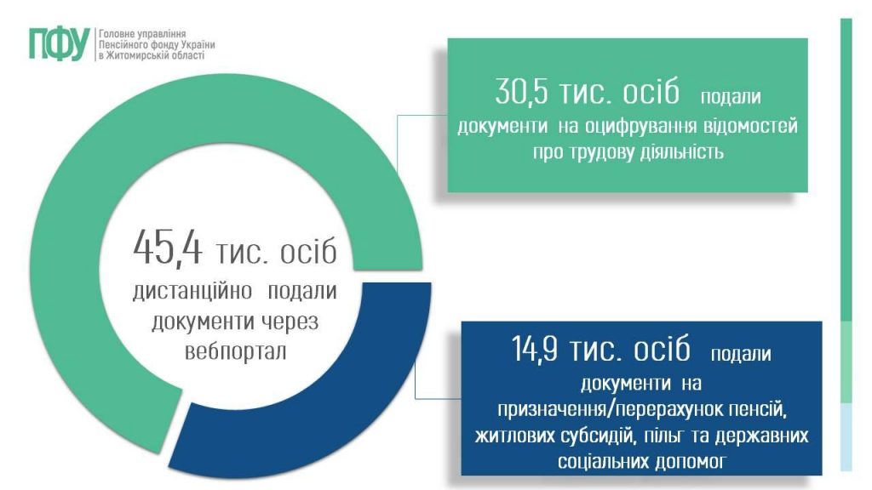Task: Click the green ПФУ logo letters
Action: tap(58, 43)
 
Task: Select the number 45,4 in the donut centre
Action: tap(167, 248)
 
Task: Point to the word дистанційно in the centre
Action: tap(193, 292)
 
